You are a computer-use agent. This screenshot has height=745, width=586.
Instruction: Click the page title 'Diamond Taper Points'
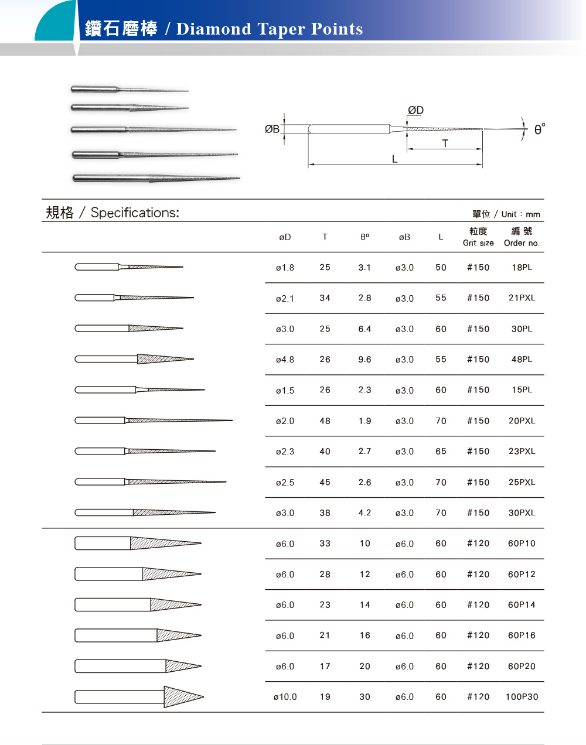coord(270,29)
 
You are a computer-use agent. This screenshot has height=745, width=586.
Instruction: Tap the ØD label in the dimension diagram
coord(415,110)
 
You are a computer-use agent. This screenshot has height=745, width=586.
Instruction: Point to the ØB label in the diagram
coord(272,129)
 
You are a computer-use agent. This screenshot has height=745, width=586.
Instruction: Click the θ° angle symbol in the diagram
coord(539,129)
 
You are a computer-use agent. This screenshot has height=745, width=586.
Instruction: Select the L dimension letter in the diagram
coord(394,159)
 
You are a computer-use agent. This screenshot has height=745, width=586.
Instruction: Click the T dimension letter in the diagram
coord(445,143)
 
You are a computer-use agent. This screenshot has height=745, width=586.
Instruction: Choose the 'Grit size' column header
coord(478,242)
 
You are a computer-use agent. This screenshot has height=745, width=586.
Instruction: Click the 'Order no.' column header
coord(522,242)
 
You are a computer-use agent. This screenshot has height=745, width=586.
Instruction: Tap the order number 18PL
coord(522,268)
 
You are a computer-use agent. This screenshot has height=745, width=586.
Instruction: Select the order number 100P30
coord(522,697)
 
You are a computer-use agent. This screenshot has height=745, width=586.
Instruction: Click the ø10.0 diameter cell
coord(285,697)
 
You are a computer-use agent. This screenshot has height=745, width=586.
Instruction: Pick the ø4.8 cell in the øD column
coord(285,360)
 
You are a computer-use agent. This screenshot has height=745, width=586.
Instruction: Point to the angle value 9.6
coord(364,360)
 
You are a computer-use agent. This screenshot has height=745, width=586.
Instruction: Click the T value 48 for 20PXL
coord(325,421)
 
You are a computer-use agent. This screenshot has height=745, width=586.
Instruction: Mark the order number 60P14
coord(522,605)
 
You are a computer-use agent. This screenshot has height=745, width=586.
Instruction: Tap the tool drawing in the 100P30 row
coord(139,697)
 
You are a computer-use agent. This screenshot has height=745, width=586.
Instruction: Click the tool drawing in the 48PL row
coord(134,359)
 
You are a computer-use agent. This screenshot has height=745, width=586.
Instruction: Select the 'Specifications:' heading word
coord(135,213)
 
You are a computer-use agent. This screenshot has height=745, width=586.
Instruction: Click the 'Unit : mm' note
coord(520,214)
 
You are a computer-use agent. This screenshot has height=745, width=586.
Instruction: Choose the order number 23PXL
coord(522,452)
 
